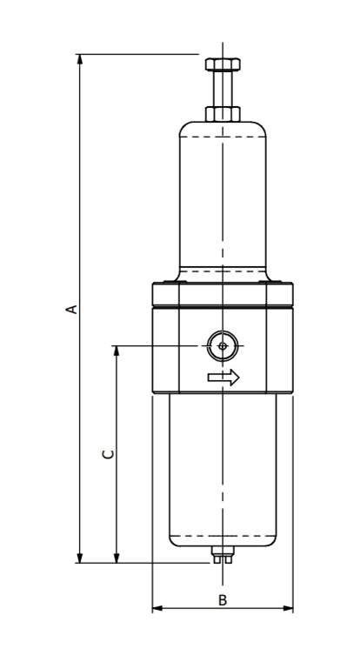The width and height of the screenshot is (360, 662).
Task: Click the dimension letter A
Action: coord(72,309)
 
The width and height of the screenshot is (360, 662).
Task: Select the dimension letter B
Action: coord(223,600)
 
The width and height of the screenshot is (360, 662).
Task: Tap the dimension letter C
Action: coord(109,454)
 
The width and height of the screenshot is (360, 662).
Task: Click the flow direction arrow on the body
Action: coord(223,377)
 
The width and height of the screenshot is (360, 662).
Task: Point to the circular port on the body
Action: coord(223,346)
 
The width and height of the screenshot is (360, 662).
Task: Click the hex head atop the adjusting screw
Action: coord(223,64)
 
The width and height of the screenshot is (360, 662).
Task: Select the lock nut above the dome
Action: coord(223,114)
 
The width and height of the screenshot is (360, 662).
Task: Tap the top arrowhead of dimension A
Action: coord(80,59)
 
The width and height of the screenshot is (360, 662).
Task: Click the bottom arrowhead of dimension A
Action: coord(80,558)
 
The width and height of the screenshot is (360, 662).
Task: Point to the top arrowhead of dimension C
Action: coord(117,351)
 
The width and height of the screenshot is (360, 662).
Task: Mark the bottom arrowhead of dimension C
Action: coord(117,558)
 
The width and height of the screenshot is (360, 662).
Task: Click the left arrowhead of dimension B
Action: coord(157,608)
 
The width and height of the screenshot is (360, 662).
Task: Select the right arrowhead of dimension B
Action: coord(288,608)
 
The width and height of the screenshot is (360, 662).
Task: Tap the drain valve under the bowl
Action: coord(223,554)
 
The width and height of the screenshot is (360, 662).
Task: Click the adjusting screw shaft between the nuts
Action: coord(223,89)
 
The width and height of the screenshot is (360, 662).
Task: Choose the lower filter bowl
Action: coord(223,470)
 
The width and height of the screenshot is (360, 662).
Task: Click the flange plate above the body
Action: coord(223,294)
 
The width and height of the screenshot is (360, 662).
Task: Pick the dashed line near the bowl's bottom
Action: coord(223,535)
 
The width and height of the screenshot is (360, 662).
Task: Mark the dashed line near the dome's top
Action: coord(223,137)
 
